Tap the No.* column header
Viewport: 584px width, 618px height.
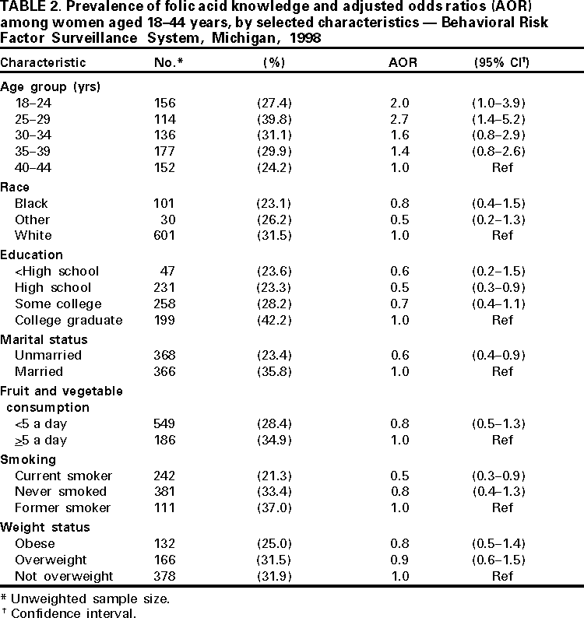click(x=169, y=63)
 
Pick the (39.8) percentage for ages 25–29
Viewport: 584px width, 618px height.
click(x=273, y=120)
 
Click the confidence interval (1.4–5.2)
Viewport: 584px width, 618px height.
click(x=502, y=120)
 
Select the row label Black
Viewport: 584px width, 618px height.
click(x=31, y=204)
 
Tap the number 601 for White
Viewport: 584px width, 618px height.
click(x=166, y=236)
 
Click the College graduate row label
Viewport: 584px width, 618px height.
click(x=69, y=320)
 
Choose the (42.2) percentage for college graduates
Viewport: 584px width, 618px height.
click(x=273, y=320)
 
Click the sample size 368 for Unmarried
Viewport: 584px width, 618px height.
click(x=166, y=356)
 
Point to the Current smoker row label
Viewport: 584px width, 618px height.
click(x=63, y=476)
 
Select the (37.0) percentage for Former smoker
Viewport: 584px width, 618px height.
click(x=273, y=508)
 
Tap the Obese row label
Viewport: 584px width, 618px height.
click(x=33, y=544)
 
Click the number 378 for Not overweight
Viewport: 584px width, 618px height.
click(x=166, y=576)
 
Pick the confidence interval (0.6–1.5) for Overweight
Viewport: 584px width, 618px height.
click(x=502, y=560)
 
